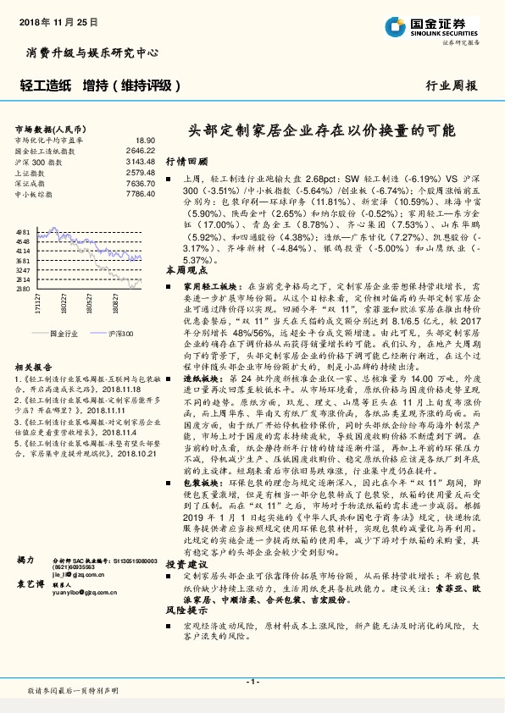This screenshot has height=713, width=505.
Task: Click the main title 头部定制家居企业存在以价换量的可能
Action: click(x=321, y=131)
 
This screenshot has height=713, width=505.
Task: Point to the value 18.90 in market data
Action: click(x=145, y=140)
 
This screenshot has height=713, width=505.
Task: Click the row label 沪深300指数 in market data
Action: click(x=36, y=161)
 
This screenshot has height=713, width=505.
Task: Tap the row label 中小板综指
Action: click(x=33, y=194)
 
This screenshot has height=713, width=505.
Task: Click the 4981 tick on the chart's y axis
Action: click(x=23, y=231)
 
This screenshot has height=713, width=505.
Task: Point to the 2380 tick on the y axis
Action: click(x=23, y=289)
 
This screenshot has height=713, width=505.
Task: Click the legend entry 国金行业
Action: click(x=63, y=334)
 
